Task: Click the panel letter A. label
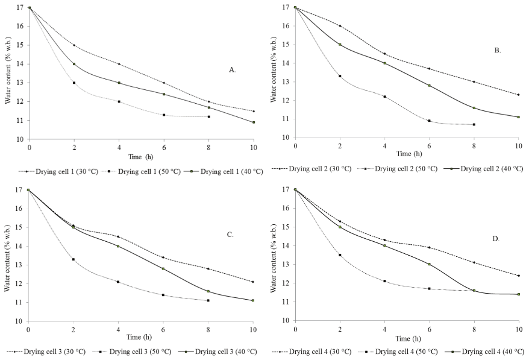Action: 232,70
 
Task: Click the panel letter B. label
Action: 498,50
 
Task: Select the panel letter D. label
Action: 496,239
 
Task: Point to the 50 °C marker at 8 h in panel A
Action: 208,116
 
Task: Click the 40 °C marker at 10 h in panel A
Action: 254,122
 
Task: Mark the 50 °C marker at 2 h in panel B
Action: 340,76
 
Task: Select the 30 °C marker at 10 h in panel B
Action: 518,95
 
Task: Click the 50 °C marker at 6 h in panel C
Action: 163,295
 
